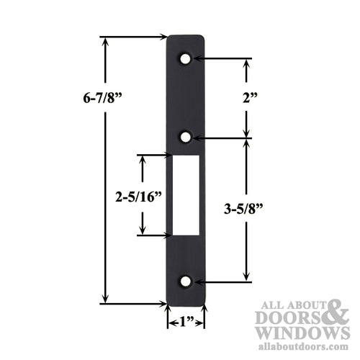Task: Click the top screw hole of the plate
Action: pyautogui.click(x=186, y=57)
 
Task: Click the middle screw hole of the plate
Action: pyautogui.click(x=186, y=135)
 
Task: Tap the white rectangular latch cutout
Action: pyautogui.click(x=186, y=194)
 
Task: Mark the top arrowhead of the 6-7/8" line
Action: pyautogui.click(x=106, y=41)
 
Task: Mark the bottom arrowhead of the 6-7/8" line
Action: pyautogui.click(x=106, y=299)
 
